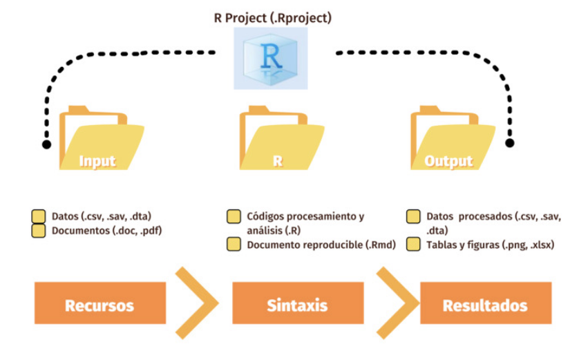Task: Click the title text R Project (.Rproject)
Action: tap(272, 17)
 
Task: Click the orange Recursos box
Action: tap(99, 304)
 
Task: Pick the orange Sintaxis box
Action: tap(297, 304)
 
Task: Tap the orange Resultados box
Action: tap(485, 304)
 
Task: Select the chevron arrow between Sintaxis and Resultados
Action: tap(397, 302)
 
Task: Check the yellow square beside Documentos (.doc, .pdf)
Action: tap(39, 231)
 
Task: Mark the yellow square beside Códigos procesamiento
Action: tap(234, 217)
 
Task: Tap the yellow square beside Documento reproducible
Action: tap(234, 245)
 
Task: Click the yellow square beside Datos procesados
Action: tap(414, 217)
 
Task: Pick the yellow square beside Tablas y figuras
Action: tap(414, 245)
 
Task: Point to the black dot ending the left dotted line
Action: tap(46, 144)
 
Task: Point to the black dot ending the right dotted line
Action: tap(510, 143)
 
